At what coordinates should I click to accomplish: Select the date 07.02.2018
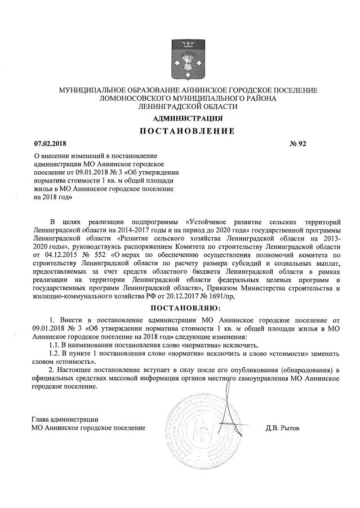49,144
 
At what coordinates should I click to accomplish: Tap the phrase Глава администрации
65,418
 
